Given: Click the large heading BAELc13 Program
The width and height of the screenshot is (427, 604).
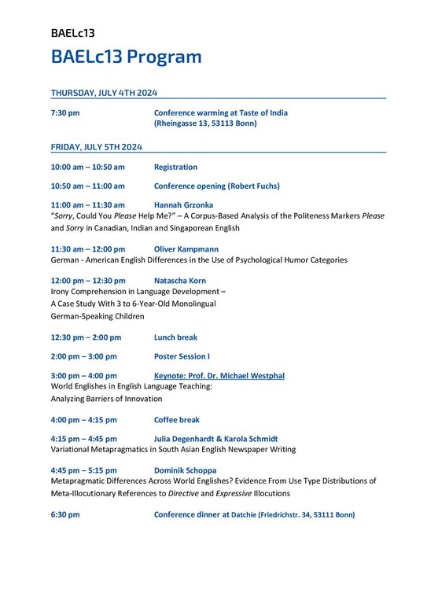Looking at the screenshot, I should tap(126, 57).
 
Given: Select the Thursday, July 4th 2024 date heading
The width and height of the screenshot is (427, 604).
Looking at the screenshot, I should tap(104, 93).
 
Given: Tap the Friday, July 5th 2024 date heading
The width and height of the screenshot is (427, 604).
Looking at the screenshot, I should tap(96, 147).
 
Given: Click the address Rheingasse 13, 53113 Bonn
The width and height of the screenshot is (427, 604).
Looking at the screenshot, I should tap(206, 123).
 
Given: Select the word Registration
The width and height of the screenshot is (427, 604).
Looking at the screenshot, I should tap(175, 167).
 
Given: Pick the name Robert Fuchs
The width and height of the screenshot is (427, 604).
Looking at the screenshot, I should tap(252, 186).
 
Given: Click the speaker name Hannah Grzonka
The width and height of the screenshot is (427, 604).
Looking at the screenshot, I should tap(183, 205).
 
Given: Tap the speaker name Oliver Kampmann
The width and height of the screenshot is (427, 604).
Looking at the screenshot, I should tap(186, 249).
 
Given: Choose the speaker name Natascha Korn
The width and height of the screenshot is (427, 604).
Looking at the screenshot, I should tap(180, 281).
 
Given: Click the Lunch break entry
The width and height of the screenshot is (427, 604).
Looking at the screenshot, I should tap(175, 337).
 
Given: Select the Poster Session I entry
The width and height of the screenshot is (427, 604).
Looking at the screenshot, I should tap(182, 356).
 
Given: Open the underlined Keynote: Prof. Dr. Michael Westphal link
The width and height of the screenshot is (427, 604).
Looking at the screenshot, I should tap(219, 376).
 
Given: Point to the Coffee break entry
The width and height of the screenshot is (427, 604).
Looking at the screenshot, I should tap(177, 420).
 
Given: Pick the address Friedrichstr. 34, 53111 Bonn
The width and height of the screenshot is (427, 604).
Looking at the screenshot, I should tap(307, 515).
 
